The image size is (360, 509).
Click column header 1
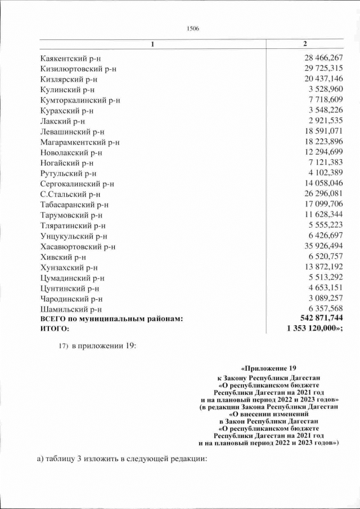151,44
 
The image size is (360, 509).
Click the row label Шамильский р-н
71,309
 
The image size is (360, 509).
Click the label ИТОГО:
55,330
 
